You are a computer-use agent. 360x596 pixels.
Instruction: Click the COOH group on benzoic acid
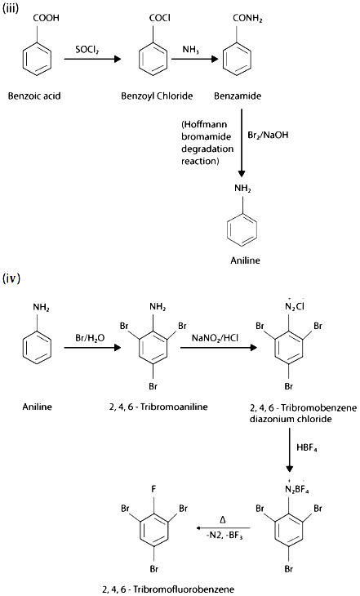(46, 18)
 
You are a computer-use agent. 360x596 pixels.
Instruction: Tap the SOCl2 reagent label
(87, 50)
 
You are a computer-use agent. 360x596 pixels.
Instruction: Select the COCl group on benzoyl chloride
(160, 18)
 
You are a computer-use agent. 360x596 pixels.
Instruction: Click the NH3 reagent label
(190, 50)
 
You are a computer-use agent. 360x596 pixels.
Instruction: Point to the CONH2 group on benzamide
(247, 19)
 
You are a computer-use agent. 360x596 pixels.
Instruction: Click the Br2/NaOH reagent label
(268, 135)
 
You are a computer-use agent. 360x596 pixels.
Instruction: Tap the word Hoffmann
(204, 125)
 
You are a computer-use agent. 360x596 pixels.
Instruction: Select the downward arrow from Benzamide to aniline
(241, 143)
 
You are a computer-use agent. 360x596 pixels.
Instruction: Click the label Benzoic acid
(34, 96)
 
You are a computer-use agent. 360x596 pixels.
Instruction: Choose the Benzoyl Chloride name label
(157, 96)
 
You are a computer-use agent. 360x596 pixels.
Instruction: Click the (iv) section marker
(11, 278)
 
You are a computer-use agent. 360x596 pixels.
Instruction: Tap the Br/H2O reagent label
(90, 338)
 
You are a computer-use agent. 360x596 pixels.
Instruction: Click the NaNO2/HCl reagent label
(216, 338)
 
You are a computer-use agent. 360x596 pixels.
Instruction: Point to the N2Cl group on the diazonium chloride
(294, 306)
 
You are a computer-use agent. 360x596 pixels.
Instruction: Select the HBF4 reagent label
(307, 447)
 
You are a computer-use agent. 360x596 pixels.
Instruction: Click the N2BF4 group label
(296, 489)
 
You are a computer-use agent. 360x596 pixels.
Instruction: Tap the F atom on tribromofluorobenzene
(153, 489)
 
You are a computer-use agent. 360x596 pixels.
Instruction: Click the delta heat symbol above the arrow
(223, 519)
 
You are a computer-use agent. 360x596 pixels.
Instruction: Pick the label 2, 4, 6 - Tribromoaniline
(158, 407)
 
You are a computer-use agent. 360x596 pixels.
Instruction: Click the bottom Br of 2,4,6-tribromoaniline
(153, 386)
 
